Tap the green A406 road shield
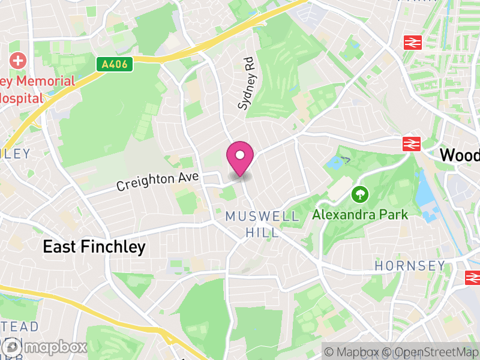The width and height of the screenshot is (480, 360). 114,64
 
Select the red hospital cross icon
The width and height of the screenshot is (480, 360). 18,61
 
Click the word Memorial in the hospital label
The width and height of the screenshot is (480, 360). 46,81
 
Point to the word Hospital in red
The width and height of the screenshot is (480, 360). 22,98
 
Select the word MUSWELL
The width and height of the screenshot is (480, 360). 262,217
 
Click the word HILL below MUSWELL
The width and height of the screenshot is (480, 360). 262,232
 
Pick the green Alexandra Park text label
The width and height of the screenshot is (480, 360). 360,214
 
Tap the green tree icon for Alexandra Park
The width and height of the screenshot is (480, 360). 360,194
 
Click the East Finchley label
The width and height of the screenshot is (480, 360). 94,247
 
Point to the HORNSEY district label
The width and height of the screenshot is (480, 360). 410,265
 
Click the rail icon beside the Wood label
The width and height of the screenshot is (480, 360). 412,144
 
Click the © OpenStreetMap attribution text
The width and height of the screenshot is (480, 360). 432,352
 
